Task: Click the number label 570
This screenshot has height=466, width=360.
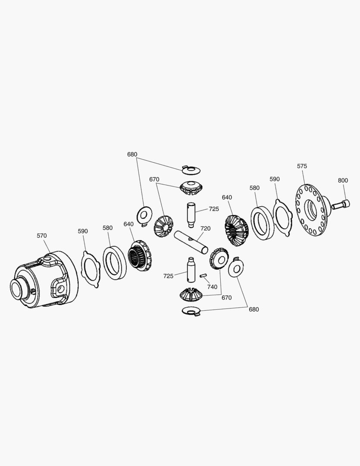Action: point(42,236)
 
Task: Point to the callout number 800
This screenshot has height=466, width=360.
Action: point(343,180)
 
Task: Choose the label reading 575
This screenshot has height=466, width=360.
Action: point(302,166)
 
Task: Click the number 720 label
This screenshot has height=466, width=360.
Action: point(205,228)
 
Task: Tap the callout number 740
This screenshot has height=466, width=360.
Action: point(212,287)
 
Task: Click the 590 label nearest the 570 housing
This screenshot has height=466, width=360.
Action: point(83,231)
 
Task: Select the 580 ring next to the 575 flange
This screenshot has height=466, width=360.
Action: point(262,223)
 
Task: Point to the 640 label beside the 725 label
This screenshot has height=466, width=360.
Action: point(227,197)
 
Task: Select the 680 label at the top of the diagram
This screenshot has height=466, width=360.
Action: point(132,154)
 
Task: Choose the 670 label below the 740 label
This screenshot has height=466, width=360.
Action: point(226,297)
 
